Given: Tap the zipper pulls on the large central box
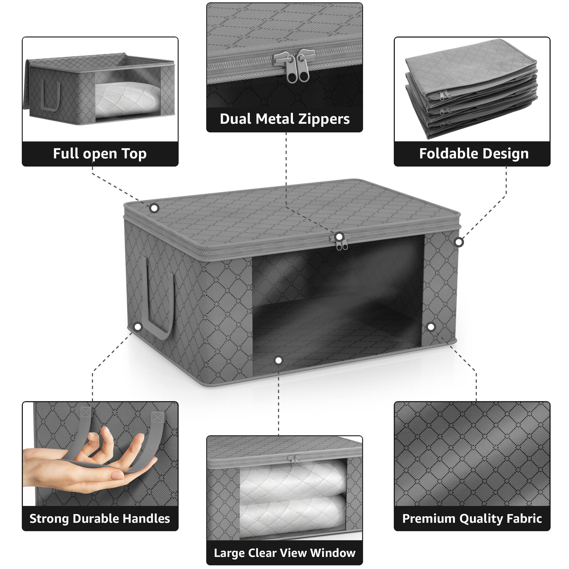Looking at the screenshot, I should pos(342,243).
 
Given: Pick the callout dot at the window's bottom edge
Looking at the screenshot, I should pos(278,360).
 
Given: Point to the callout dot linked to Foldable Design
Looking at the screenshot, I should pos(459,242).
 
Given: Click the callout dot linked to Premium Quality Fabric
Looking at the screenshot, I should pos(431,327).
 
